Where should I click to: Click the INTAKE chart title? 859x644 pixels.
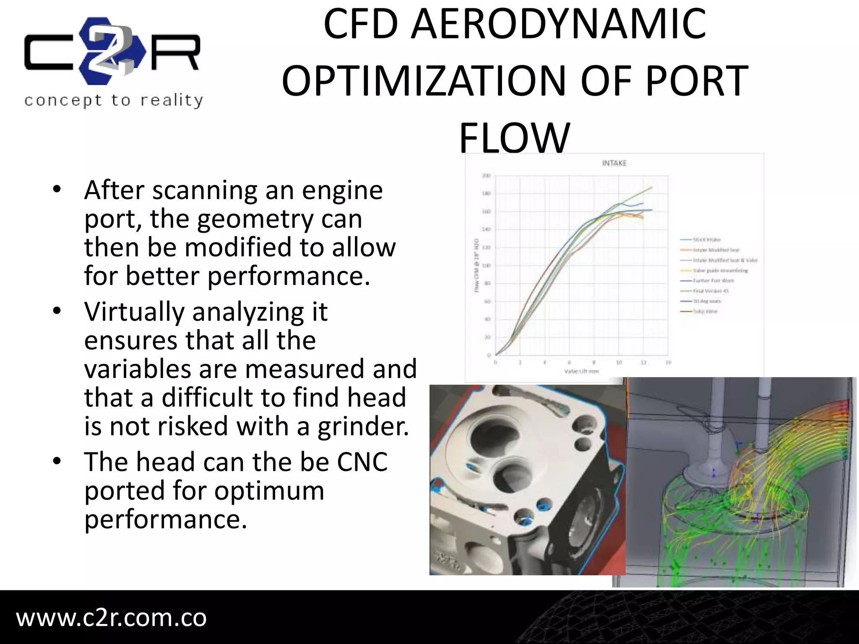[614, 163]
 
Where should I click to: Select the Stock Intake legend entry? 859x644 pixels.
[706, 239]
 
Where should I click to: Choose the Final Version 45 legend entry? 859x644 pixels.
[711, 291]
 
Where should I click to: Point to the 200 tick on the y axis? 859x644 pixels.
[486, 176]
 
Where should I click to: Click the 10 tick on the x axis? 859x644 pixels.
[619, 362]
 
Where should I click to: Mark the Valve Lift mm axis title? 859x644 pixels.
[581, 371]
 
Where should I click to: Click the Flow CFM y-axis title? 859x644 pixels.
[476, 265]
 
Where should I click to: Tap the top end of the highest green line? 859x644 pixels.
[652, 187]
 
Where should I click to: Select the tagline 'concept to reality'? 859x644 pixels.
[114, 101]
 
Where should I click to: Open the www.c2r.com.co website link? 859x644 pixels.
[112, 618]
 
